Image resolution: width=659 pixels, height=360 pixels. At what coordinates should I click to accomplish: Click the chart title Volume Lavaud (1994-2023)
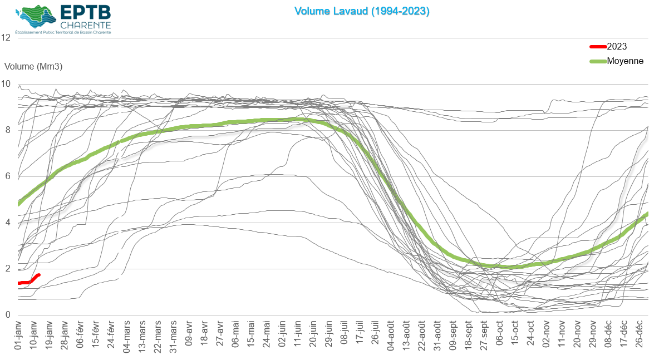(362, 11)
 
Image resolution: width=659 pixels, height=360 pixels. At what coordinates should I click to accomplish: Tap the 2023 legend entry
(616, 47)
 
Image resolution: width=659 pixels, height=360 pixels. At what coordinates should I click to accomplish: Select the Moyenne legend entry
(624, 61)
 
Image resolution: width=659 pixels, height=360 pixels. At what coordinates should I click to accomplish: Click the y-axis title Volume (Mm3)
(33, 66)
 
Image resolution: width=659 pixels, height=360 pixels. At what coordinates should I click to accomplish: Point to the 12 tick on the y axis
(6, 38)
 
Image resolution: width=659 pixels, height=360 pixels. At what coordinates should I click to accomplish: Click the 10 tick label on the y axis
(6, 84)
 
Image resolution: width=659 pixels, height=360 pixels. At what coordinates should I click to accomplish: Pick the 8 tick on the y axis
(6, 130)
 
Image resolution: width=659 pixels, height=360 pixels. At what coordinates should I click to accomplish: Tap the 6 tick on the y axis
(6, 176)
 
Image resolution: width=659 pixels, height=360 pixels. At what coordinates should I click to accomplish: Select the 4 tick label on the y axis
(6, 223)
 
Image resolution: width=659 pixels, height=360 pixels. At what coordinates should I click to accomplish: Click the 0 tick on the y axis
(6, 315)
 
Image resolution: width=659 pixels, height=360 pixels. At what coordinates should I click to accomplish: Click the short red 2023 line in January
(28, 281)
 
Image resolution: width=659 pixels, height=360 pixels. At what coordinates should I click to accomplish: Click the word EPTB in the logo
(85, 12)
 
